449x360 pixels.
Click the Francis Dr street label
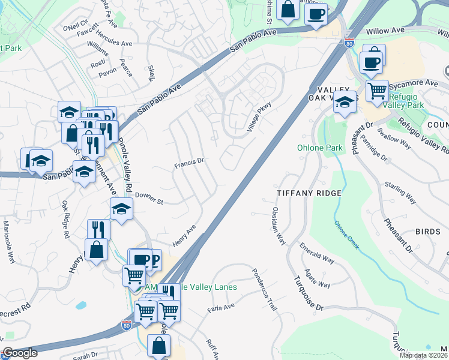[190, 161]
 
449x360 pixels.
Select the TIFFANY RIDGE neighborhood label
[309, 193]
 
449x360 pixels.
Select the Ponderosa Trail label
[265, 289]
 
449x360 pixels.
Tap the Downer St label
[149, 197]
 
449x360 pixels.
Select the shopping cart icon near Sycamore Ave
[377, 91]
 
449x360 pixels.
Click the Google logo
[20, 353]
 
